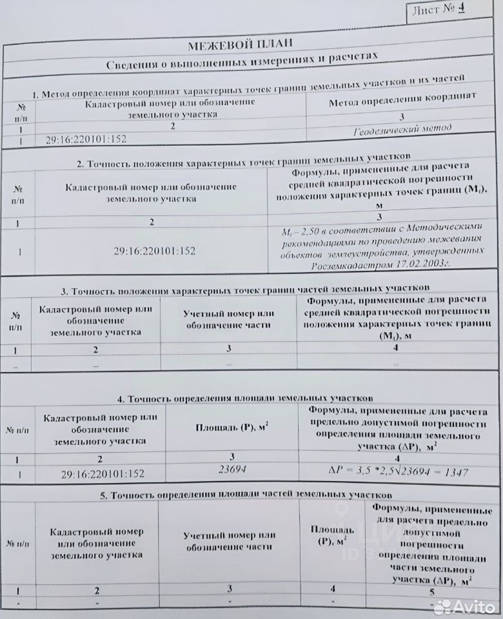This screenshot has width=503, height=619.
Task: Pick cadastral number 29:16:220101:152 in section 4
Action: [103, 474]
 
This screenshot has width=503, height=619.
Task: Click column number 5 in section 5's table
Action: [431, 591]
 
